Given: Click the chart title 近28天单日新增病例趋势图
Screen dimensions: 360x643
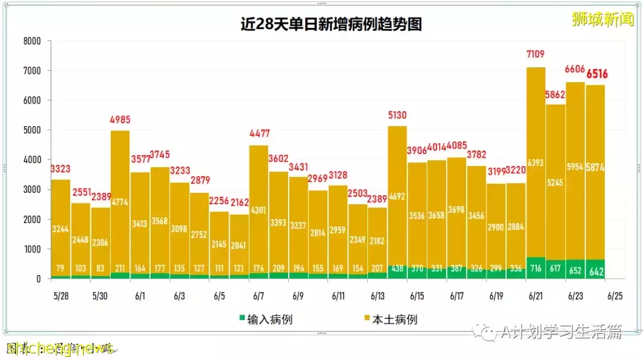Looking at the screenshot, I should pos(331,24).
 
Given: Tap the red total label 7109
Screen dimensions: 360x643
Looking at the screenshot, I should pos(536,54).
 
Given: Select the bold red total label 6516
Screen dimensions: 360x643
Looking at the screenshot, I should pos(597,74).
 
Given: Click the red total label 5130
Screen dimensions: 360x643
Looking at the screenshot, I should pos(397,114).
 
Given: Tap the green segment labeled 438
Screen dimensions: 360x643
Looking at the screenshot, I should pos(397,269).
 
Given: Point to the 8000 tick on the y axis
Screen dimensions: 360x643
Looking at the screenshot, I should pos(32,41).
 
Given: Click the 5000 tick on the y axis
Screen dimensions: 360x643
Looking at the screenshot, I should pos(32,130).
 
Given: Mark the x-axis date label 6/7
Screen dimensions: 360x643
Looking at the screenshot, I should pos(258,296).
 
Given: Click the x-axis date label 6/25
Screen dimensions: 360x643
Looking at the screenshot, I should pos(615,296).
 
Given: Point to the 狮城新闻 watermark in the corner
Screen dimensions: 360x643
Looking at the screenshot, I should pos(603,19).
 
